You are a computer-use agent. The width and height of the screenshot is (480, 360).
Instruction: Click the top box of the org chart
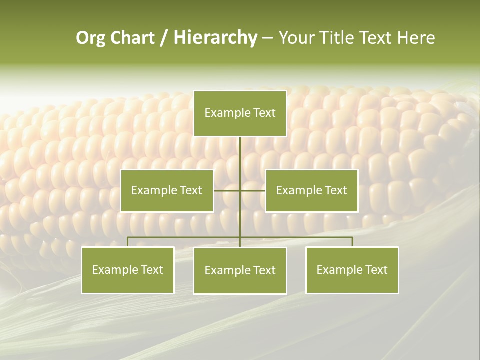[240, 113]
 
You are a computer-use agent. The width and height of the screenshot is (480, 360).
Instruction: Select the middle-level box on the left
[167, 190]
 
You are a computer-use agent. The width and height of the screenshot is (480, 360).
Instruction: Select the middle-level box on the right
[311, 190]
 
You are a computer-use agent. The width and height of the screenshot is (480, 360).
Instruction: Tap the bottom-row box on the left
[128, 270]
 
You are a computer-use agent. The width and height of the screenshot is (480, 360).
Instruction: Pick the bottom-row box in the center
[240, 270]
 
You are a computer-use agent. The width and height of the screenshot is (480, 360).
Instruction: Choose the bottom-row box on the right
[352, 270]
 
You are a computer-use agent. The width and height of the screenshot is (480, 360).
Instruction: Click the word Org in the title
[90, 38]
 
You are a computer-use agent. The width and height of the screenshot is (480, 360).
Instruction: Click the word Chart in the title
[132, 38]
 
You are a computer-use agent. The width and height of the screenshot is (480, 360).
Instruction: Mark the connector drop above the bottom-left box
[128, 242]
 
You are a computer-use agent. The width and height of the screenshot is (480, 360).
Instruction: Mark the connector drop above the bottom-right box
[352, 242]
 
